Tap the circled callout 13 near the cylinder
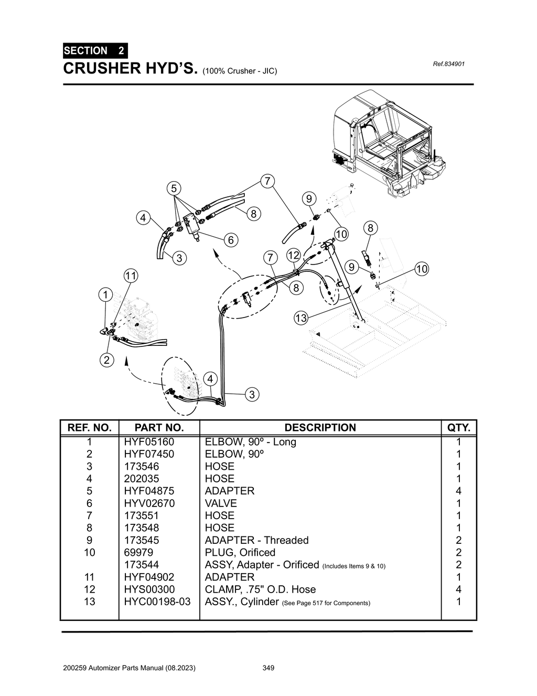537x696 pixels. [300, 318]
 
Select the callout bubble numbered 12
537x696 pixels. [293, 256]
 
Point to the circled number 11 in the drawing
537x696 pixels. [131, 276]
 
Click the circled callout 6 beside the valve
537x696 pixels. [230, 240]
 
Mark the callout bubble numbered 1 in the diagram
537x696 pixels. [106, 294]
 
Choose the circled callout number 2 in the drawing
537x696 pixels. [106, 360]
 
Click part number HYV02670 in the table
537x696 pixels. [149, 503]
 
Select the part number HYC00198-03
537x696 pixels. [157, 602]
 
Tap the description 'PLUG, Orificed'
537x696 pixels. [240, 552]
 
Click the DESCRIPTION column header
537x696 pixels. [320, 428]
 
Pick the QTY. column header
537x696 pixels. [459, 428]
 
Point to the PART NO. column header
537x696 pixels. [159, 428]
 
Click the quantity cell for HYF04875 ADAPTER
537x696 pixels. [459, 491]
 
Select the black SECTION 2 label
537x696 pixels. [94, 51]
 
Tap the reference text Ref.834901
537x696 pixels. [449, 65]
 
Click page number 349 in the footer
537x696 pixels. [268, 668]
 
